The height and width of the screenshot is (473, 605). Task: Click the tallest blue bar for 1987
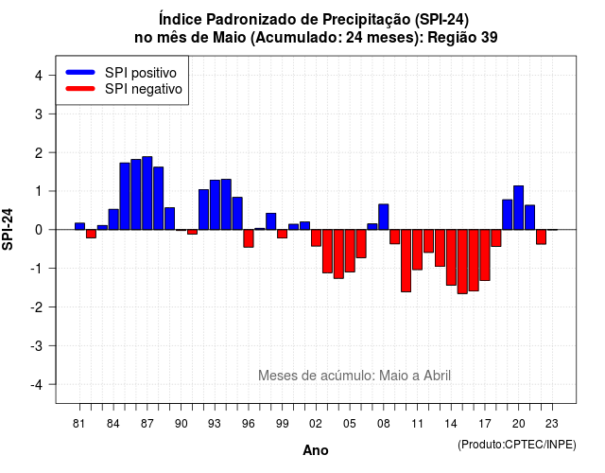(x=147, y=193)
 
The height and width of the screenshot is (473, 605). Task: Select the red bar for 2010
(x=406, y=261)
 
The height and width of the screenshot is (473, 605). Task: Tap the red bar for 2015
(x=462, y=262)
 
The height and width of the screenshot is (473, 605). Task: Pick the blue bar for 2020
(x=519, y=208)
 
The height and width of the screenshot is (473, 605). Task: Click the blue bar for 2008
(x=384, y=217)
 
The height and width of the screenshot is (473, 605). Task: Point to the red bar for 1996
(x=249, y=238)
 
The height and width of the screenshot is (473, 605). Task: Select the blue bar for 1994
(x=226, y=204)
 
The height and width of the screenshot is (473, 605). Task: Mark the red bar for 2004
(x=338, y=254)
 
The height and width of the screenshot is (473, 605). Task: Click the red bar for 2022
(x=541, y=237)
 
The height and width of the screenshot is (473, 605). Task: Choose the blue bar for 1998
(x=271, y=221)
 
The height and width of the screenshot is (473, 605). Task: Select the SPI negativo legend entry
(x=124, y=89)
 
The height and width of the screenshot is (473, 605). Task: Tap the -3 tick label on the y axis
(x=37, y=346)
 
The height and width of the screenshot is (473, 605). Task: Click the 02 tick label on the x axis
(x=316, y=424)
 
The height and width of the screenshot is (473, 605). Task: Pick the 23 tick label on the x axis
(x=552, y=424)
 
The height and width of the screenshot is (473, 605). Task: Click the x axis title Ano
(x=316, y=450)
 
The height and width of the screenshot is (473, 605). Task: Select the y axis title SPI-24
(x=8, y=229)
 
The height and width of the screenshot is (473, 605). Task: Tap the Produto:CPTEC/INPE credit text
(x=517, y=445)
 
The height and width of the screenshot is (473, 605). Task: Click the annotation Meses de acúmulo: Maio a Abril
(x=354, y=376)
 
